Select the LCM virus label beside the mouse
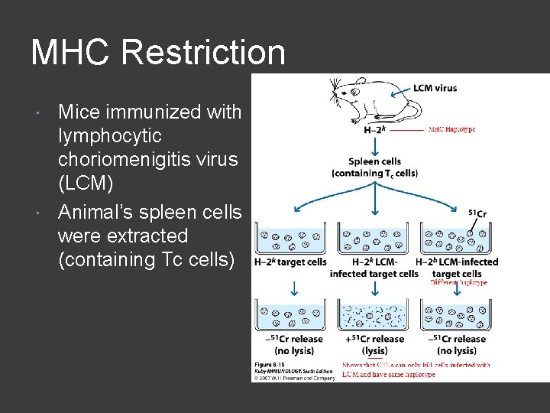point(435,88)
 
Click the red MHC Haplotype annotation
point(451,129)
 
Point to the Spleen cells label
point(374,161)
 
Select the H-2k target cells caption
point(290,262)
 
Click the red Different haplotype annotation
point(458,283)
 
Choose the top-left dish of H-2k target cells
point(291,239)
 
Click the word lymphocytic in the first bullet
point(110,136)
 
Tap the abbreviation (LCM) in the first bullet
point(86,184)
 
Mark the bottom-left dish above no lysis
point(291,314)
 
